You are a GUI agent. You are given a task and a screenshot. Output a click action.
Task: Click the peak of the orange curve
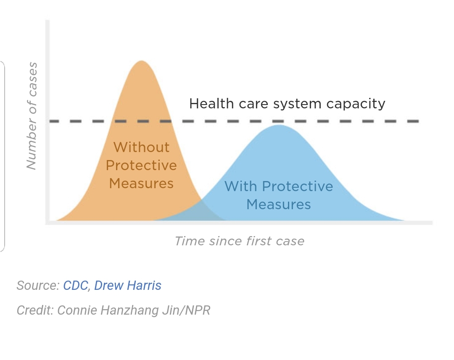(x=142, y=61)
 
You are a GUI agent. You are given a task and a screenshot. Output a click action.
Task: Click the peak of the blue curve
(x=279, y=125)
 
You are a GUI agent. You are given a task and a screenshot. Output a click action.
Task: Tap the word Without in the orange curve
(x=141, y=147)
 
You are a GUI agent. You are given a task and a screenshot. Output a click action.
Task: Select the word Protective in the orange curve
(x=141, y=165)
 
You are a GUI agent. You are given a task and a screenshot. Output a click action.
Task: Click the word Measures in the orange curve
(x=141, y=184)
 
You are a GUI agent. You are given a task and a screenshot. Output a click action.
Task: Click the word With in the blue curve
(x=241, y=186)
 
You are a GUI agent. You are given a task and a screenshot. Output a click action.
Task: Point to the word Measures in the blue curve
(x=279, y=204)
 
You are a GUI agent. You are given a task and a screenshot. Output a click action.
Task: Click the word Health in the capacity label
(x=211, y=104)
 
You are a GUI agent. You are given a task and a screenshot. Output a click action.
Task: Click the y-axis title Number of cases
(x=32, y=116)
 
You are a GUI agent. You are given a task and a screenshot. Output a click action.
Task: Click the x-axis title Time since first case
(x=240, y=241)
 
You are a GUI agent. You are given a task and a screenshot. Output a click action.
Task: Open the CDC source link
(x=76, y=285)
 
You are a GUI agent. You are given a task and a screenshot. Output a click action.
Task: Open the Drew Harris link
(x=128, y=285)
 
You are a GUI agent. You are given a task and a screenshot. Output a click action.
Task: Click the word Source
(x=38, y=285)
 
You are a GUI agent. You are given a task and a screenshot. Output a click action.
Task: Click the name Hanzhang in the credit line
(x=130, y=311)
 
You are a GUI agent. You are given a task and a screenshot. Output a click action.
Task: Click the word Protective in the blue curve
(x=298, y=186)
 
